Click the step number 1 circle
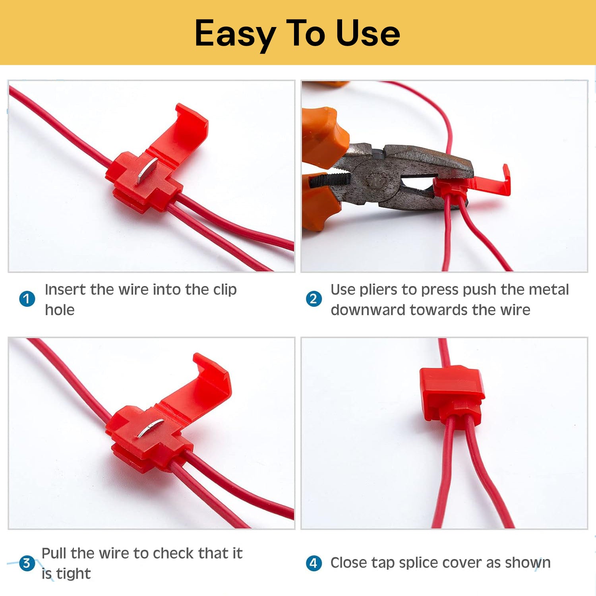pos(27,299)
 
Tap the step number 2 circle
pos(313,299)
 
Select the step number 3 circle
pos(27,563)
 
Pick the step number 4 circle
pos(313,563)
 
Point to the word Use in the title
pos(368,33)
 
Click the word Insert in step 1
pos(65,289)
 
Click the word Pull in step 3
pos(54,553)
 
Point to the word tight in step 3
pos(74,574)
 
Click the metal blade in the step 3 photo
pos(151,428)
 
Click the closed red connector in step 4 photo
pos(452,395)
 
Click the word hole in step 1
pos(60,310)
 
